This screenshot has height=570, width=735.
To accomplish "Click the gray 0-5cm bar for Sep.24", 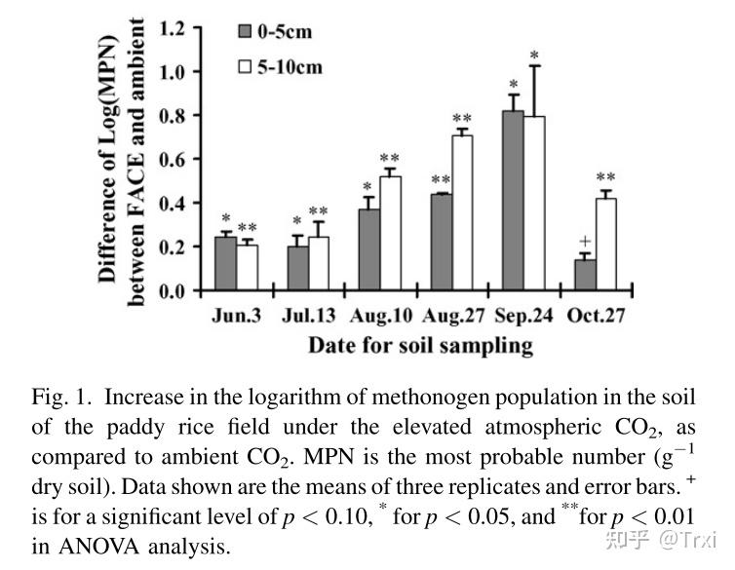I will pyautogui.click(x=514, y=201).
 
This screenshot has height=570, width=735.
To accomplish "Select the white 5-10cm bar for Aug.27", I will pyautogui.click(x=462, y=212).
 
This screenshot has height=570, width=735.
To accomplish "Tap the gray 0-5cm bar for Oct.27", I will pyautogui.click(x=586, y=275).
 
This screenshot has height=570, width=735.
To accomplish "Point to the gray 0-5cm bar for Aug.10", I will pyautogui.click(x=369, y=249).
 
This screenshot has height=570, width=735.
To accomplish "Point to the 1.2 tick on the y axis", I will pyautogui.click(x=173, y=28).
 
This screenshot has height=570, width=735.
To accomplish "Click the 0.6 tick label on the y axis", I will pyautogui.click(x=173, y=160).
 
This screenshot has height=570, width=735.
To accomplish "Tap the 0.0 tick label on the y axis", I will pyautogui.click(x=173, y=290).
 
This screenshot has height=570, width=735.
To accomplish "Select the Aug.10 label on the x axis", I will pyautogui.click(x=380, y=316).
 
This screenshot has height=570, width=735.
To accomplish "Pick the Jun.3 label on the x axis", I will pyautogui.click(x=236, y=316).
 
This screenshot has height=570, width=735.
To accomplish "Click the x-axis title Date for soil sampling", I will pyautogui.click(x=420, y=345).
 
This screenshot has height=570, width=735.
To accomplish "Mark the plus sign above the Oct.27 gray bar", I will pyautogui.click(x=585, y=242).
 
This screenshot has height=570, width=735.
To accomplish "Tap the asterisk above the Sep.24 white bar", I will pyautogui.click(x=534, y=56).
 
